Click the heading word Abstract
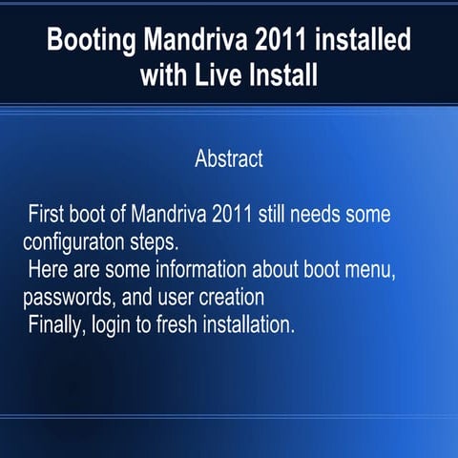click(x=229, y=158)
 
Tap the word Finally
click(x=57, y=323)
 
